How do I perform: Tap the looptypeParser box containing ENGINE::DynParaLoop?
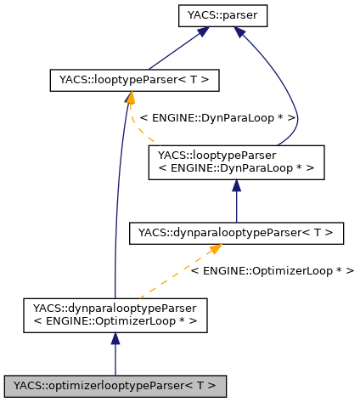pos(235,161)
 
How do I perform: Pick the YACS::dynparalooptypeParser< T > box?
pos(235,232)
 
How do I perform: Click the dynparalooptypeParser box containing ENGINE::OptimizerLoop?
pos(115,314)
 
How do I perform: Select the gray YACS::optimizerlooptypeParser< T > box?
pos(115,385)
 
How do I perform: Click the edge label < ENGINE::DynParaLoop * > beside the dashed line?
pos(217,116)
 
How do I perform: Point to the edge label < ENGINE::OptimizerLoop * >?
pos(272,269)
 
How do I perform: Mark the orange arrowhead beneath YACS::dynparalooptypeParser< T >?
pos(215,250)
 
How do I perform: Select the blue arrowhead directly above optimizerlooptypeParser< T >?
pos(115,339)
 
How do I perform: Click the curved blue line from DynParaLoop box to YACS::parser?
pos(293,102)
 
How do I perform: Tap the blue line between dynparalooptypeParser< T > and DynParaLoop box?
pos(236,206)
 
